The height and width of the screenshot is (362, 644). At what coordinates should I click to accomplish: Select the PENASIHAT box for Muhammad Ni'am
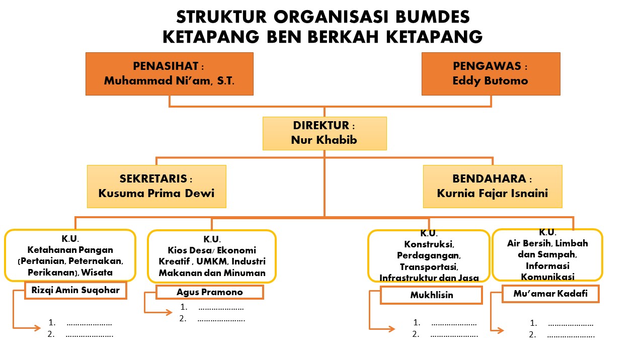pos(169,73)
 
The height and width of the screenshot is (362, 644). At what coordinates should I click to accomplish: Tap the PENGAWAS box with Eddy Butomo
pos(491,73)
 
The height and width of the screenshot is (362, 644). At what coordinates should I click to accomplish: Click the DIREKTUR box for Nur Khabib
pos(325,133)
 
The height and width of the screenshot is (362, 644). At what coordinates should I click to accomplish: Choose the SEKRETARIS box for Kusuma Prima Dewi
pos(156,186)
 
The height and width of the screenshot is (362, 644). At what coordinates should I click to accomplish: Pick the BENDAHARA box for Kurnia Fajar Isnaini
pos(492,186)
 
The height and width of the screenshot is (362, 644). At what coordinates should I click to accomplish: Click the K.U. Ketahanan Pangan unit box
pos(70,255)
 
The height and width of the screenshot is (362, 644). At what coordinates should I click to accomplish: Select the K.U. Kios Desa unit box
pos(212,256)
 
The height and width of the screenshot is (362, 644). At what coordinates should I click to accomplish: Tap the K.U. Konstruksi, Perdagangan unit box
pos(429,256)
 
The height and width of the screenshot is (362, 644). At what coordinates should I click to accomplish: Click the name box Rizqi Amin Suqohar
pos(75,291)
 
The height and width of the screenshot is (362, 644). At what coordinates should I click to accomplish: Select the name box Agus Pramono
pos(210,292)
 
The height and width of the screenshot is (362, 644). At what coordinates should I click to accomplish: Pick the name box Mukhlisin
pos(431,295)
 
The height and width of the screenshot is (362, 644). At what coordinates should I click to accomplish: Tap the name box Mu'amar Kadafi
pos(550,294)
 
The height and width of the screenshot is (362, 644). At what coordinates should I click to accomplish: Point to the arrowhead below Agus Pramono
pos(169,312)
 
